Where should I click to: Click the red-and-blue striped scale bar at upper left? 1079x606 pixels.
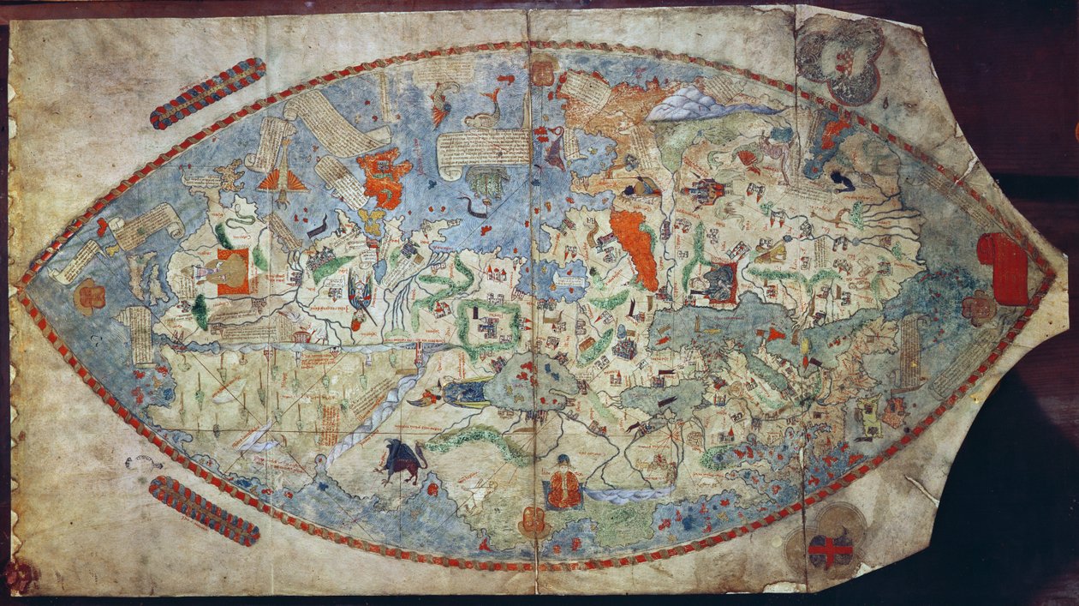coord(207,93)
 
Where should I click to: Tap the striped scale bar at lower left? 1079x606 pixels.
coord(204,511)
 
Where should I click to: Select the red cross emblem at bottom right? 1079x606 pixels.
coord(830,550)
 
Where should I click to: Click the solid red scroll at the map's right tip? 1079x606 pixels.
coord(1003,268)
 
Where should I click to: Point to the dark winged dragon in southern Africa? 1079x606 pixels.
coord(402,462)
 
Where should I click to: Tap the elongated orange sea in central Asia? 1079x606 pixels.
coord(635,248)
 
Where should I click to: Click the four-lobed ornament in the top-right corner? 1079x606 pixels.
coord(839,59)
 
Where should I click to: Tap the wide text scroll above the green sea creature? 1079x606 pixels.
coord(484,149)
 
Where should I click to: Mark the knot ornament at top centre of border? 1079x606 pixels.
coord(542,69)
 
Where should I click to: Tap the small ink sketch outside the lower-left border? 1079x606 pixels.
coord(142,463)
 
